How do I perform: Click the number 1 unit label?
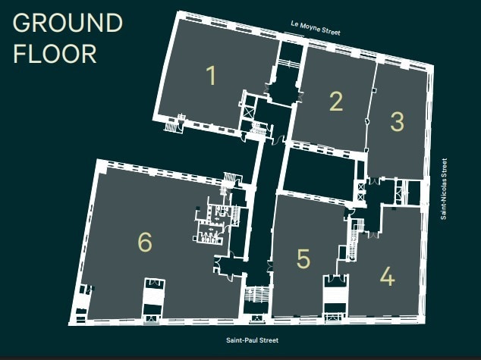211,76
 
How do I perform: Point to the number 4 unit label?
387,277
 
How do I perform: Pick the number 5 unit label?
303,259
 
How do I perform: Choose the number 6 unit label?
145,242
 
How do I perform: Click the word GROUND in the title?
68,23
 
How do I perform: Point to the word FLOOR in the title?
55,54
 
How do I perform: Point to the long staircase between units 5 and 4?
353,241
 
